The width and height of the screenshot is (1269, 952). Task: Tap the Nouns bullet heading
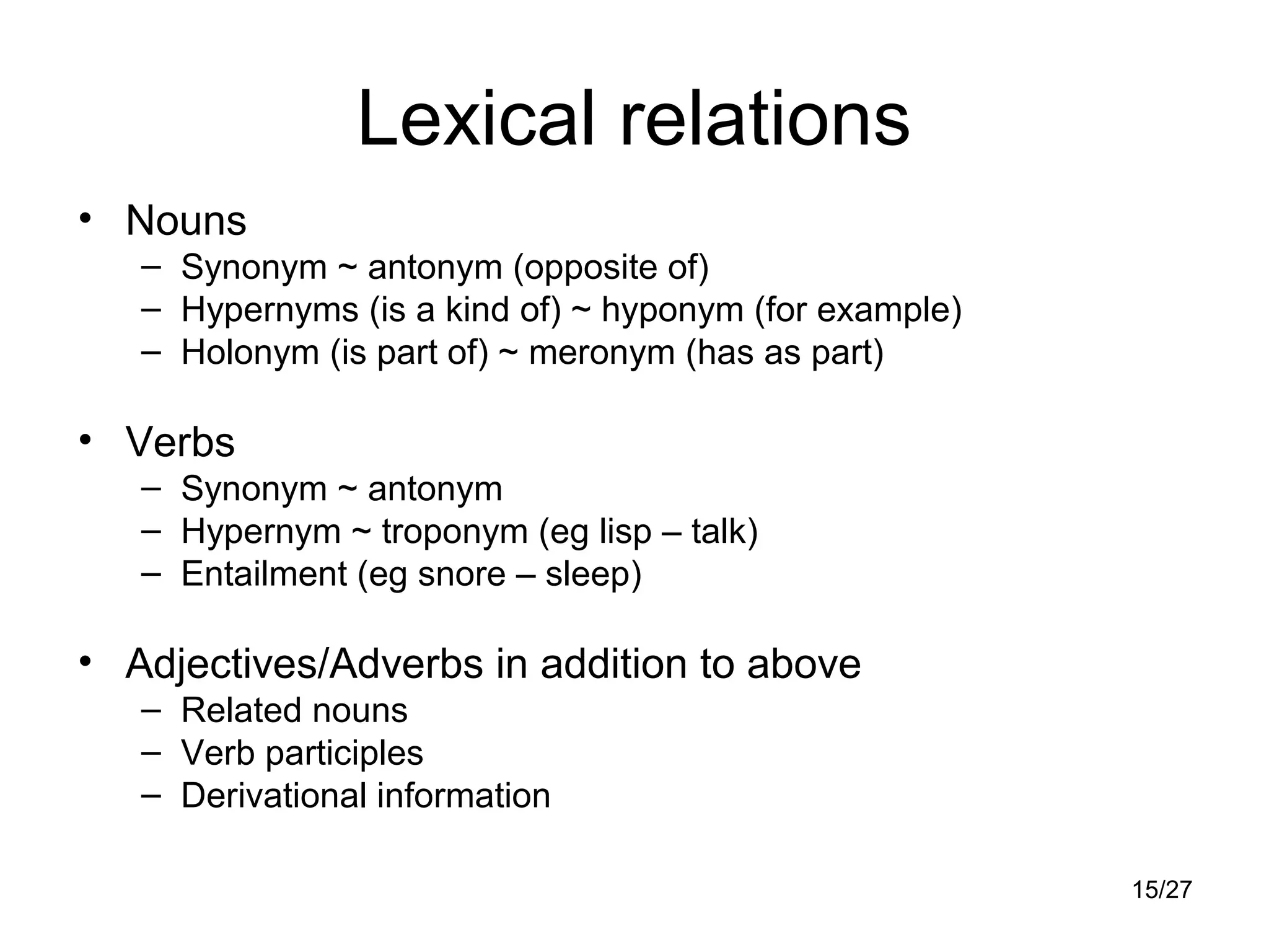point(186,221)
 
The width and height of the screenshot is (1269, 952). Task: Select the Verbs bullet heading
point(180,443)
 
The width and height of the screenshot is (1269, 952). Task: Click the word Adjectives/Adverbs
point(304,664)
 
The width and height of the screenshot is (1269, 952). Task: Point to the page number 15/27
point(1162,890)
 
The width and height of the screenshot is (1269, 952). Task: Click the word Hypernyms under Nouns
point(270,310)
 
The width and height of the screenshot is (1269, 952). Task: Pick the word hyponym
point(672,310)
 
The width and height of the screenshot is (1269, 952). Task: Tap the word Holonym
point(250,353)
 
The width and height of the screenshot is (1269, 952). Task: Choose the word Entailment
point(264,574)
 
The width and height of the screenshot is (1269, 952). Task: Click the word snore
point(462,574)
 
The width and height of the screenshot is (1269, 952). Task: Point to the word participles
point(345,754)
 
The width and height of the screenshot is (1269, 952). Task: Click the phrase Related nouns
point(294,710)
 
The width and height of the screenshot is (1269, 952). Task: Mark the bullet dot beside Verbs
point(85,440)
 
